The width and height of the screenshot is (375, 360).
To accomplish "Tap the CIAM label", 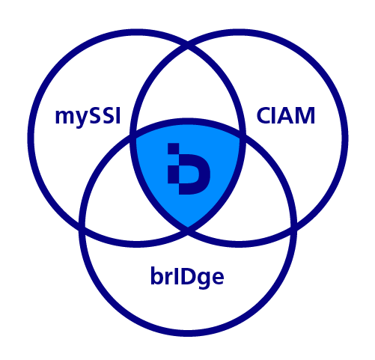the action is [286, 115].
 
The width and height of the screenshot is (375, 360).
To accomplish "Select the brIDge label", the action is [187, 277].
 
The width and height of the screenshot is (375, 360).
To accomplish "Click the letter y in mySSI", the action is [82, 119].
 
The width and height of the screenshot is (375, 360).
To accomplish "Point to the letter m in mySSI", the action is [65, 117].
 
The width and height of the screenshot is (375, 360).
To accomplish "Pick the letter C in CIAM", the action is [264, 115].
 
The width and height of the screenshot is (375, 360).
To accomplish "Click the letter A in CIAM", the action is [286, 115].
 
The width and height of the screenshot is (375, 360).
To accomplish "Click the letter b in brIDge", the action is [158, 275].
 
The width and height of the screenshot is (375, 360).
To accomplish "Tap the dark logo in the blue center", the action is [189, 168].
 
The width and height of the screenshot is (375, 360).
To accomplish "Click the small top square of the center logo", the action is [173, 149].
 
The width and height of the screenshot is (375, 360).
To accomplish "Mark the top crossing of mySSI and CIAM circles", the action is [188, 47].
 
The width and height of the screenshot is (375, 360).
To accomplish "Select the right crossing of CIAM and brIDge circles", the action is [294, 227].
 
